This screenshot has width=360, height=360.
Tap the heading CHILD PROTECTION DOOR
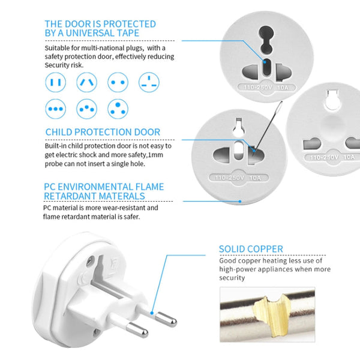coord(103,132)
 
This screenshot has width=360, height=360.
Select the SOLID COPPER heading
coord(251,249)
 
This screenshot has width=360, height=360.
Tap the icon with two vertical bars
coord(56,82)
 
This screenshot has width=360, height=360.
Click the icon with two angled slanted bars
coord(87,82)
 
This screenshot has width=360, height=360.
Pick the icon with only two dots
coord(118,82)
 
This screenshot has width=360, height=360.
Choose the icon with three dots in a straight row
coord(56,109)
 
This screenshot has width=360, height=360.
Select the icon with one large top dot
coord(118,109)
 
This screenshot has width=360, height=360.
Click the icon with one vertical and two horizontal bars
coord(149,82)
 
